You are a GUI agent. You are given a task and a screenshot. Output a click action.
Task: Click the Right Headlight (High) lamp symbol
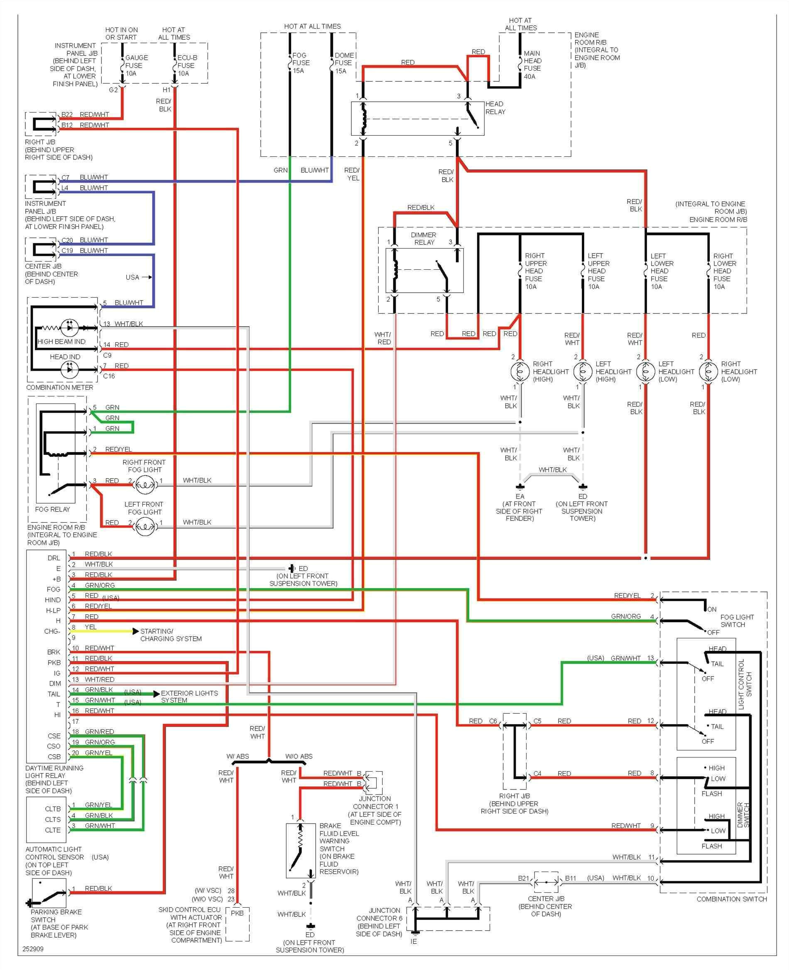[x=520, y=371]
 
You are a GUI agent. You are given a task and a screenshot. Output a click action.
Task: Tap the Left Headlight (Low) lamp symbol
[x=645, y=371]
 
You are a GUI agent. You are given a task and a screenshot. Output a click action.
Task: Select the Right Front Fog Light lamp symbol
[x=145, y=485]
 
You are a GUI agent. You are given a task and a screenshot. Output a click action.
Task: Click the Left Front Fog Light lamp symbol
[x=145, y=527]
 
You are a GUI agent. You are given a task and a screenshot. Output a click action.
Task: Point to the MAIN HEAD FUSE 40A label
[x=532, y=64]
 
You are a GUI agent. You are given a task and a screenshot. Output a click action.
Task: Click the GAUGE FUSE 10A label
[x=136, y=66]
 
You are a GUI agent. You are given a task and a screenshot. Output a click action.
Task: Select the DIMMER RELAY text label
[x=424, y=239]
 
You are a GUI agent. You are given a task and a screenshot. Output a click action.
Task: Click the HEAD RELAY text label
[x=495, y=108]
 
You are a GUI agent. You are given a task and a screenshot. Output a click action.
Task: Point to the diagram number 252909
[x=33, y=949]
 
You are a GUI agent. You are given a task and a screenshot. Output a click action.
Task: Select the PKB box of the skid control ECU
[x=237, y=913]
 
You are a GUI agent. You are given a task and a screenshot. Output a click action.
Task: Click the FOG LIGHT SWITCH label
[x=736, y=621]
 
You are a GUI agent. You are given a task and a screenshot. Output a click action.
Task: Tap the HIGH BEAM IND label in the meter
[x=61, y=341]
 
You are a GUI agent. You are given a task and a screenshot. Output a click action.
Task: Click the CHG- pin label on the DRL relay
[x=52, y=631]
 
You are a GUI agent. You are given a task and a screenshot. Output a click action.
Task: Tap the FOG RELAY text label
[x=53, y=509]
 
